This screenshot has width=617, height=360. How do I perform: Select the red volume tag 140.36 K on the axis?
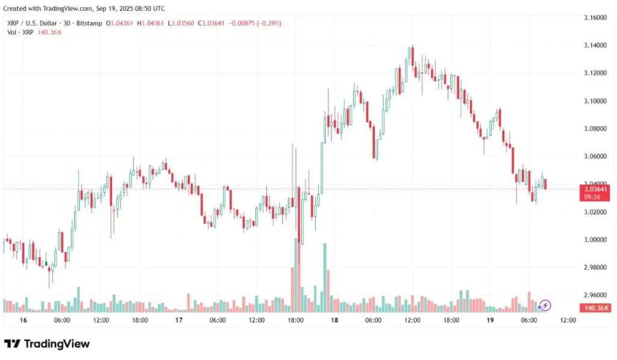click(595, 308)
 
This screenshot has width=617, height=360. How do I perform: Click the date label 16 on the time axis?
click(23, 321)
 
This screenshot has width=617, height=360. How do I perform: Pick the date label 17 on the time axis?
click(179, 321)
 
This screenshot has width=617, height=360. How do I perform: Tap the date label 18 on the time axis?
click(334, 321)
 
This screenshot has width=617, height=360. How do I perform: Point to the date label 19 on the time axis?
click(490, 321)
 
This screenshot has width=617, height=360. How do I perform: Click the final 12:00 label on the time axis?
click(568, 321)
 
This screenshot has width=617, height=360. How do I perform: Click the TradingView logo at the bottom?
click(47, 344)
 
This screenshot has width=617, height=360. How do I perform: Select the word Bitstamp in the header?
click(89, 23)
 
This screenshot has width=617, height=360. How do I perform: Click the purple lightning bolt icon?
click(545, 305)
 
